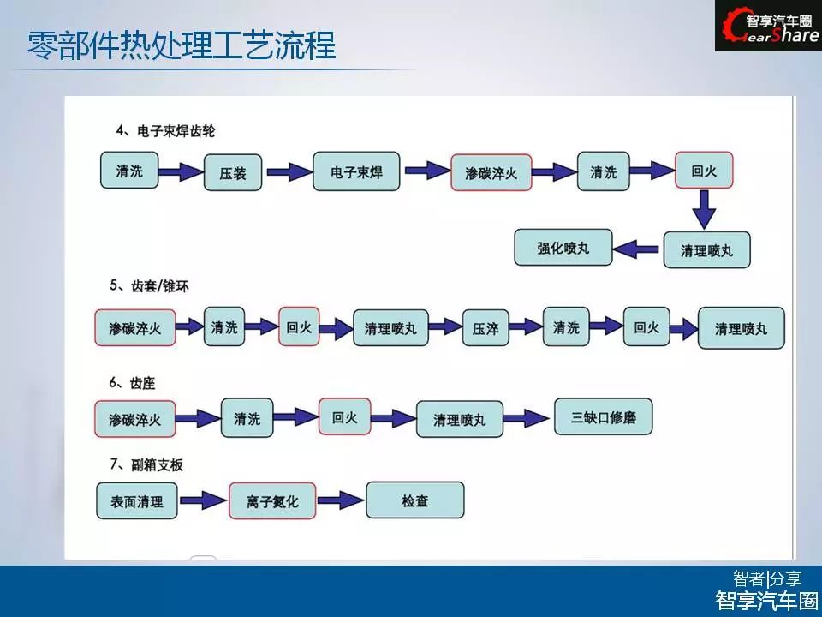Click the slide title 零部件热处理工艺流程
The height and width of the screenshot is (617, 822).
coord(181,45)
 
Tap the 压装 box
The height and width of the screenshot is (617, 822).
coord(232,172)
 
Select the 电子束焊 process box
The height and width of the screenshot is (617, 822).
coord(356,171)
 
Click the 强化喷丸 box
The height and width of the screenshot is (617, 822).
coord(563,248)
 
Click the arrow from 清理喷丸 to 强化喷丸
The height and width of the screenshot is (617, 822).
coord(638,249)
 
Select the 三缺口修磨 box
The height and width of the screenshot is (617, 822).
coord(603,417)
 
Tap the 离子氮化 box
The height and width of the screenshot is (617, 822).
coord(272,501)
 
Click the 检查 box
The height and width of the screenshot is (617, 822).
coord(414,500)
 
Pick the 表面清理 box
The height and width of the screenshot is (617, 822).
coord(137,500)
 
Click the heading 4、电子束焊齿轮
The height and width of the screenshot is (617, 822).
coord(167,131)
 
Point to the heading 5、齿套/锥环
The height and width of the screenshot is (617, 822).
coord(149,286)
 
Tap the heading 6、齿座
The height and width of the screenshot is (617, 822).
coord(133,383)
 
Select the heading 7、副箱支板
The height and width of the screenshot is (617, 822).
coord(146,464)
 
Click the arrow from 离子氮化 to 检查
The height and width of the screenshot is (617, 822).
coord(340,500)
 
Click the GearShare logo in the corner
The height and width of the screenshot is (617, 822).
coord(768,26)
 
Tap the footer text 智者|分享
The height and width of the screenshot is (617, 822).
coord(766,578)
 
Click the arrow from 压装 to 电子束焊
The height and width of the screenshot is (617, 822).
coord(285,172)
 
